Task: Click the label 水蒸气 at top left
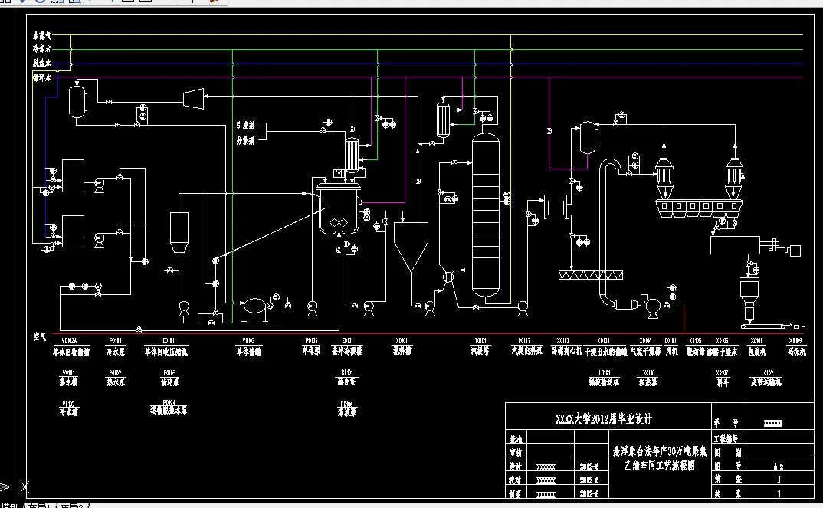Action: pyautogui.click(x=41, y=35)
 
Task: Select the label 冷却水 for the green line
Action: pyautogui.click(x=41, y=49)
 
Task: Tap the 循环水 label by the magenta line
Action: pyautogui.click(x=41, y=77)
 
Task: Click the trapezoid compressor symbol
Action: pyautogui.click(x=193, y=97)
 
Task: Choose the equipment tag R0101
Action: pyautogui.click(x=347, y=372)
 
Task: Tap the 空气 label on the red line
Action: pyautogui.click(x=41, y=336)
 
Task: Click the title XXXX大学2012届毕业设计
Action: pyautogui.click(x=602, y=419)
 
